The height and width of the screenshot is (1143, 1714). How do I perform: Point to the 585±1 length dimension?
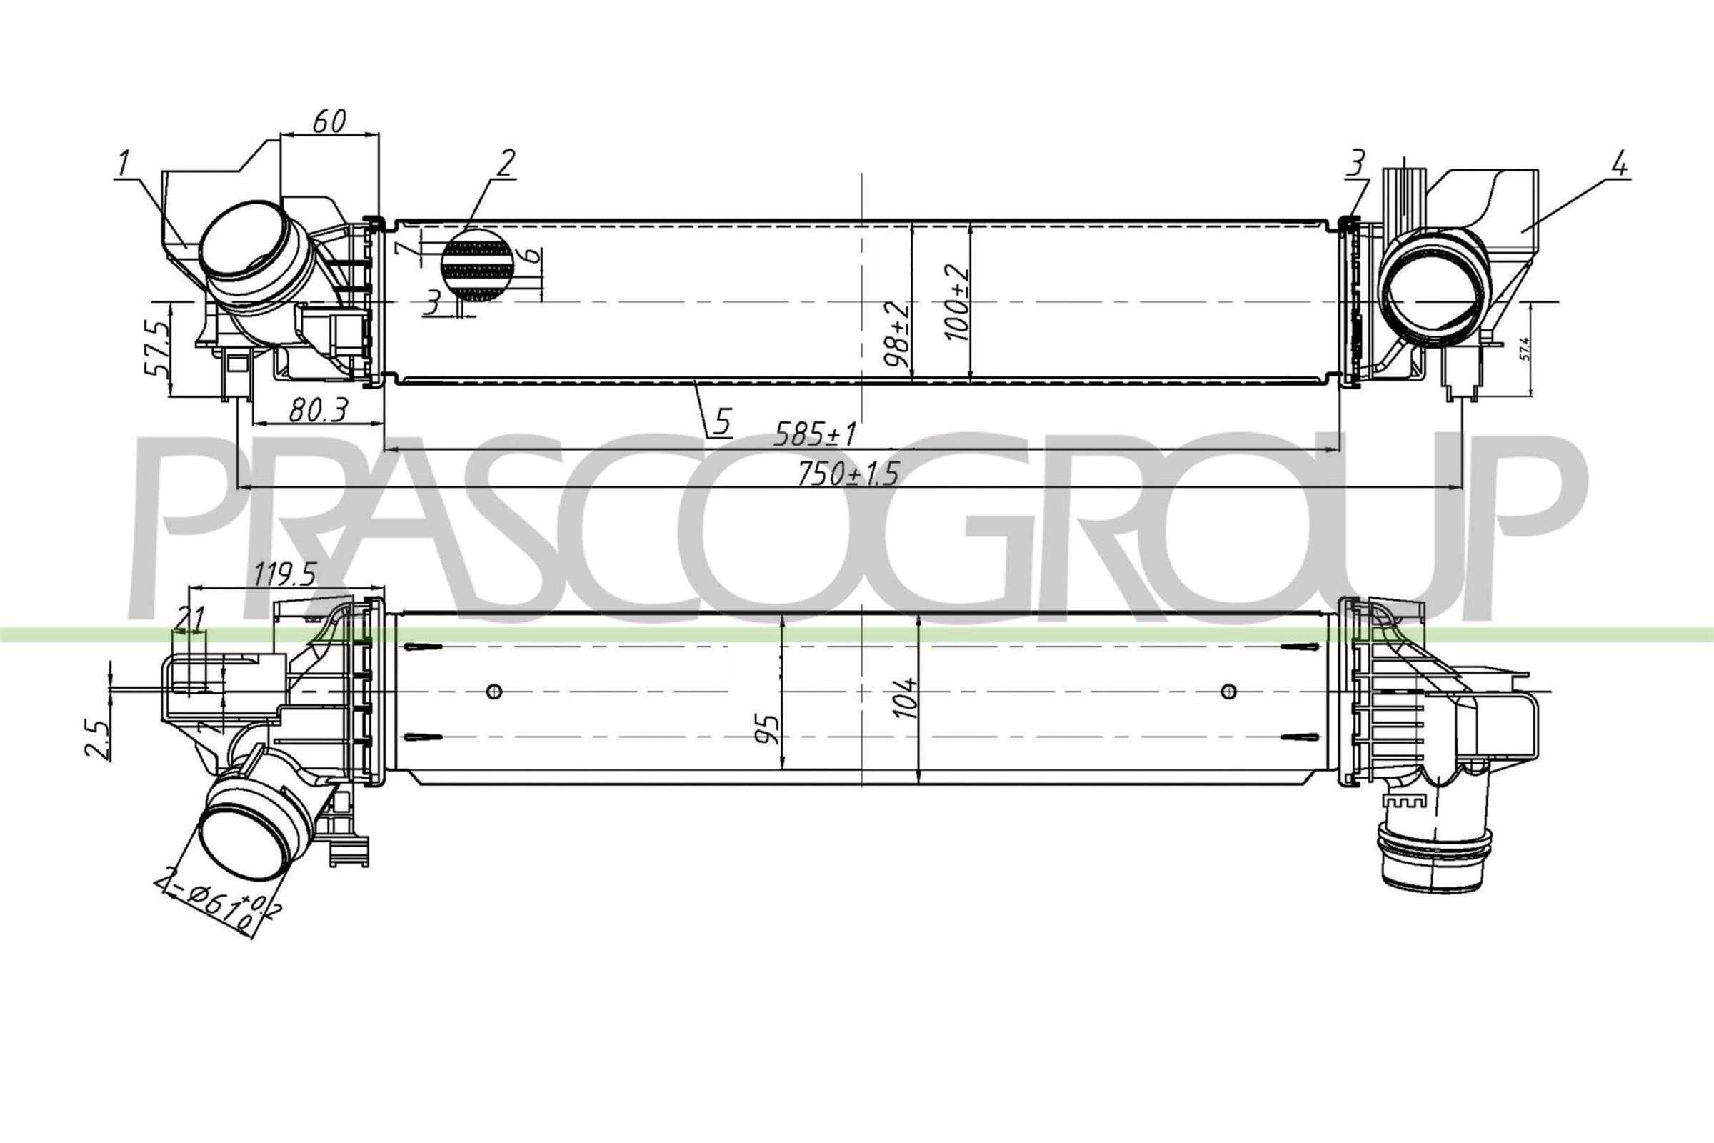click(815, 434)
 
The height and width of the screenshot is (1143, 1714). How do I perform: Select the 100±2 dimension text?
click(956, 302)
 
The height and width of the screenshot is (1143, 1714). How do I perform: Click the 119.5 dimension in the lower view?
click(284, 577)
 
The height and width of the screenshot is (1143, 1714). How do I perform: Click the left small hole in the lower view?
click(494, 690)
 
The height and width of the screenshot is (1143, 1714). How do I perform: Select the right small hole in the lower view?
click(1228, 690)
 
